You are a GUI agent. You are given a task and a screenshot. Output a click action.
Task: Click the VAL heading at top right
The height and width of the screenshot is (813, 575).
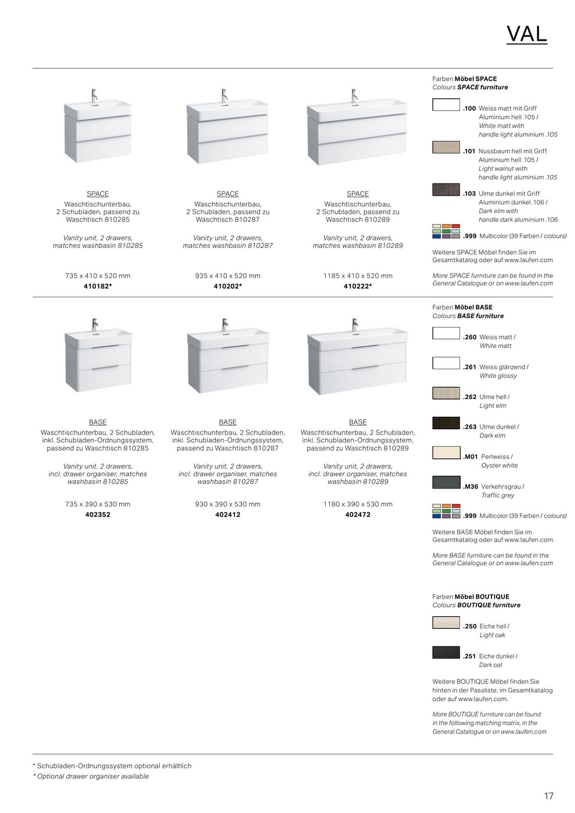(526, 34)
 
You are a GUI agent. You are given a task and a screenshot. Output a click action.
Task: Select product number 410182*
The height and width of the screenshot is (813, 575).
(98, 286)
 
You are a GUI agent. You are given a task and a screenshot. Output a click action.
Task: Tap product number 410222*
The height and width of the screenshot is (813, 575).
(358, 286)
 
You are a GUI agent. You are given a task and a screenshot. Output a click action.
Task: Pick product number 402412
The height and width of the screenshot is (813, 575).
(228, 515)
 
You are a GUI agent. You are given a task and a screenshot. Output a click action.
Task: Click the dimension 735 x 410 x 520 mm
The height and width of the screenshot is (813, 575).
(98, 276)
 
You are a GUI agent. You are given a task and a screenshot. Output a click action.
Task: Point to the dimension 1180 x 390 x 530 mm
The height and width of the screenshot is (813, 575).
(358, 504)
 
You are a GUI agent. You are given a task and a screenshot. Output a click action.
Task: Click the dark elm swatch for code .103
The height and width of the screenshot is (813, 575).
(446, 190)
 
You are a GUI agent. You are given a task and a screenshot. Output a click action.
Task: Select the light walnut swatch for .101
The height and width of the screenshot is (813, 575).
(446, 148)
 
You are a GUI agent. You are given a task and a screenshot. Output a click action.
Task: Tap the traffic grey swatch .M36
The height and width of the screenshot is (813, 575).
(446, 483)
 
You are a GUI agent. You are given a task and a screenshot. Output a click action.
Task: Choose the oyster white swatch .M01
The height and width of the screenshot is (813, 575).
(446, 453)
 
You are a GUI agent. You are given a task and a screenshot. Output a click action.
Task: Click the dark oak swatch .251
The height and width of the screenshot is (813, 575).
(446, 652)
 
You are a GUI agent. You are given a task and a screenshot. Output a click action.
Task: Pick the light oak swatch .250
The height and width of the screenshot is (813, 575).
(446, 623)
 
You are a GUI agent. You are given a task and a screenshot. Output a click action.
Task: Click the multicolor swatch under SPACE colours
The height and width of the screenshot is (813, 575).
(446, 232)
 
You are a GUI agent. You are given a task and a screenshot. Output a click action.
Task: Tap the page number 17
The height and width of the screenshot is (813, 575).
(549, 796)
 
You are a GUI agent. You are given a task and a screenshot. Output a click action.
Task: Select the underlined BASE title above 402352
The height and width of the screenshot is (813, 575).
(98, 422)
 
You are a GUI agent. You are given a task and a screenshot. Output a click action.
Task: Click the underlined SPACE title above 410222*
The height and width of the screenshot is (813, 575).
(358, 194)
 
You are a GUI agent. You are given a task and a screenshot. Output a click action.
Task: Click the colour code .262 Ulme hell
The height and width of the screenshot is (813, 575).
(470, 397)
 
